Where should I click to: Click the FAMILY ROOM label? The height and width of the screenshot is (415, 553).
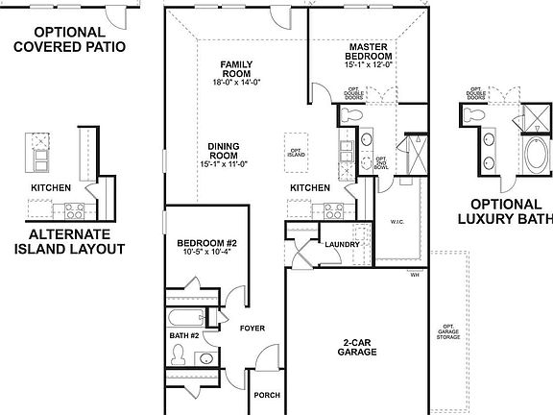click(x=235, y=68)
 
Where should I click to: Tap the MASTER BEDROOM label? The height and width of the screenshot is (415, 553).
click(x=371, y=51)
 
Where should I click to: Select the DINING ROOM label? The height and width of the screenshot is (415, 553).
click(x=226, y=152)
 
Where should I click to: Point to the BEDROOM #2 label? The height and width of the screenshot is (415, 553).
click(x=205, y=244)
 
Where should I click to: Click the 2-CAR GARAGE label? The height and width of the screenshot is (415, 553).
click(x=357, y=347)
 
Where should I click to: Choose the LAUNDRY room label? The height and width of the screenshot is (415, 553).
click(x=342, y=245)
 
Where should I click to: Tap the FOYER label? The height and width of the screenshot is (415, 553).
click(x=252, y=328)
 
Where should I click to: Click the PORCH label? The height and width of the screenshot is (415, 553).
click(x=266, y=395)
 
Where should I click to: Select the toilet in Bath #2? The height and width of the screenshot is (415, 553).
click(x=179, y=355)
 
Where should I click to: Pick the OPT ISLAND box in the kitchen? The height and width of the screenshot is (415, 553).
click(x=296, y=152)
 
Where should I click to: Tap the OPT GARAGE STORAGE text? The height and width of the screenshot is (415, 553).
click(x=443, y=330)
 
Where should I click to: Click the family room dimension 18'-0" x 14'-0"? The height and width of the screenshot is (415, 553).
click(x=235, y=84)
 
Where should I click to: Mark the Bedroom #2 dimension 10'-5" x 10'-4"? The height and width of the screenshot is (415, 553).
click(x=205, y=255)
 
